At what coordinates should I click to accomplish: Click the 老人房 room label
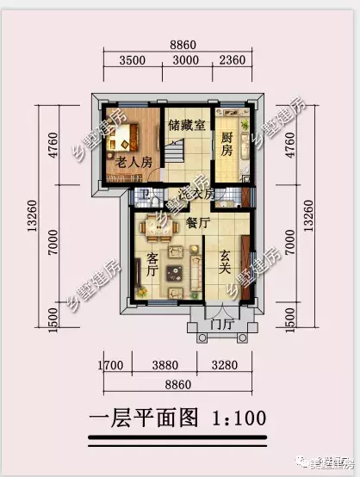[133, 161]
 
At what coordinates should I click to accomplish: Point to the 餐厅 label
[197, 222]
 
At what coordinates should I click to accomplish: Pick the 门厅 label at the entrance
[221, 325]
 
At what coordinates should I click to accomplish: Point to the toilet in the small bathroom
[148, 201]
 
